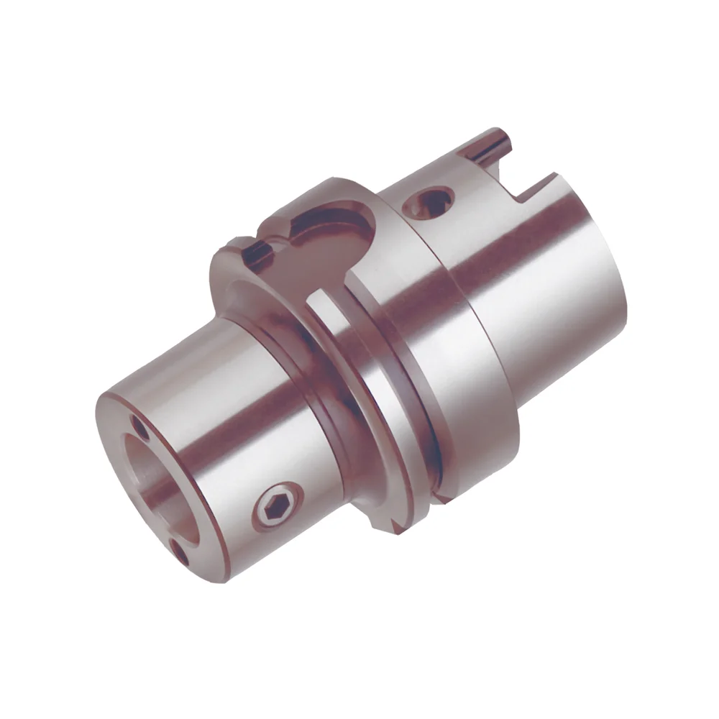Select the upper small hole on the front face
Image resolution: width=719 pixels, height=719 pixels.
point(139,430)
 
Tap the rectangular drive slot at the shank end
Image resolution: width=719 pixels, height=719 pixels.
point(528,188)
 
